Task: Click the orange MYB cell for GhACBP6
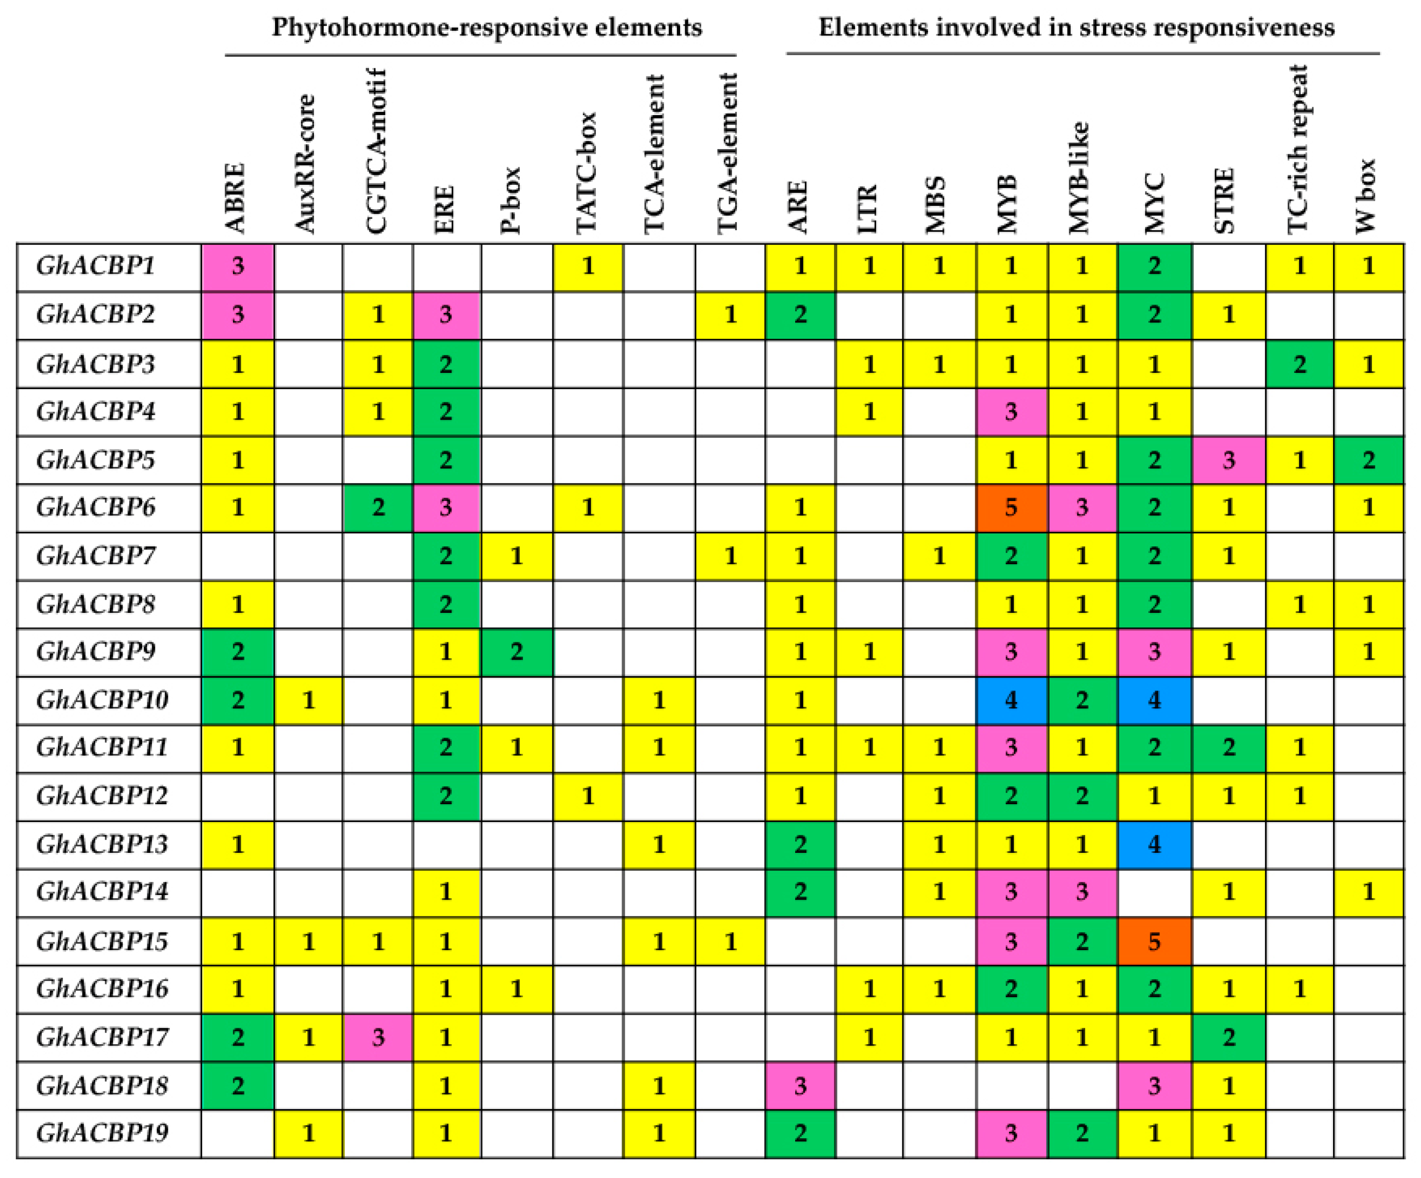tap(1011, 508)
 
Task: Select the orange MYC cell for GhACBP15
tap(1154, 941)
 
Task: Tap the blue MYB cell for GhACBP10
tap(1011, 699)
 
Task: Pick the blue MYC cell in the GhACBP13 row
tap(1154, 844)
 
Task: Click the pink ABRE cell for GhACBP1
tap(238, 266)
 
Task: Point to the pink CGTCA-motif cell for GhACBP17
tap(377, 1037)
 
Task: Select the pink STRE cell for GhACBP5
tap(1228, 460)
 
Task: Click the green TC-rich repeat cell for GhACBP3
tap(1299, 364)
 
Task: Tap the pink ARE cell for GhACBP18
tap(800, 1086)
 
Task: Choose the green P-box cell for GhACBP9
tap(516, 652)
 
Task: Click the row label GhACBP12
tap(101, 796)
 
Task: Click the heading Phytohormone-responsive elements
tap(486, 28)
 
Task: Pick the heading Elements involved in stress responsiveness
tap(1076, 28)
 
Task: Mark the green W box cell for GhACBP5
tap(1368, 460)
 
